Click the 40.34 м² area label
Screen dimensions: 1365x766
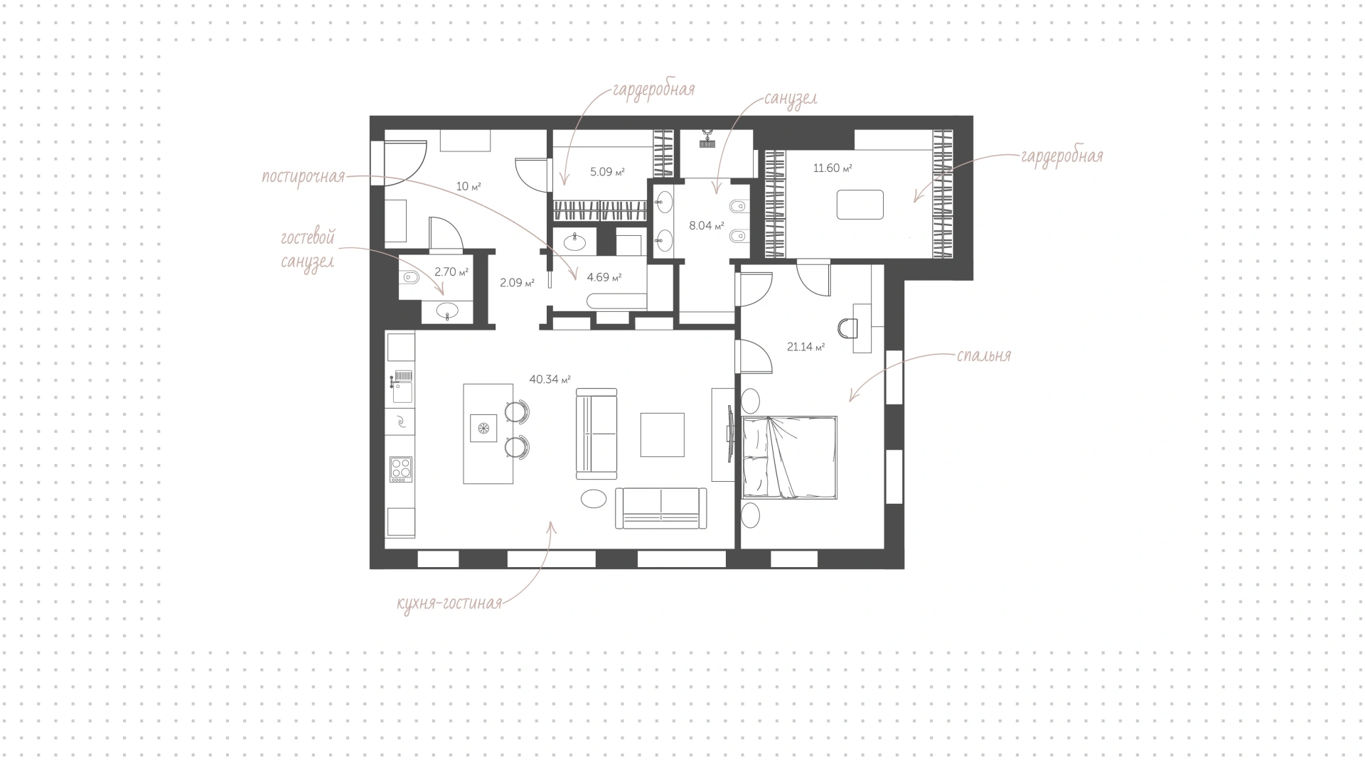pos(550,379)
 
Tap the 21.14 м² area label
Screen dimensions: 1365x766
pos(805,347)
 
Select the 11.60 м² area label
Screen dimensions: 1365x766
pos(833,168)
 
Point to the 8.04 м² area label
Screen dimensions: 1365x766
pos(707,227)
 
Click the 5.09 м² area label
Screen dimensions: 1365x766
pos(607,171)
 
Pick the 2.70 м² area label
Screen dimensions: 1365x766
pos(451,271)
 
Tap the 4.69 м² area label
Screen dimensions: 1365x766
pos(604,277)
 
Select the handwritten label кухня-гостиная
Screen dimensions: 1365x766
pos(449,604)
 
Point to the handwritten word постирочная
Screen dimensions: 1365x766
pos(304,177)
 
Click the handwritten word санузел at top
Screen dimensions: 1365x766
pos(791,98)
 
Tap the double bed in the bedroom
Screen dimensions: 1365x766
pos(789,458)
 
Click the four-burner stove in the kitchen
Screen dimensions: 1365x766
pos(401,469)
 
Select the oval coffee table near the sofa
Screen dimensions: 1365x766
pos(594,499)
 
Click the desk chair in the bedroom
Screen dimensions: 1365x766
pos(848,328)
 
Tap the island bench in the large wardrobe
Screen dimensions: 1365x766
pos(860,205)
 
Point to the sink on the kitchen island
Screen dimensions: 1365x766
pos(483,428)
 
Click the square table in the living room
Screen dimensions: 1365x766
pos(662,435)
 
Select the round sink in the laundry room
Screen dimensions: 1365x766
pos(575,243)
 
